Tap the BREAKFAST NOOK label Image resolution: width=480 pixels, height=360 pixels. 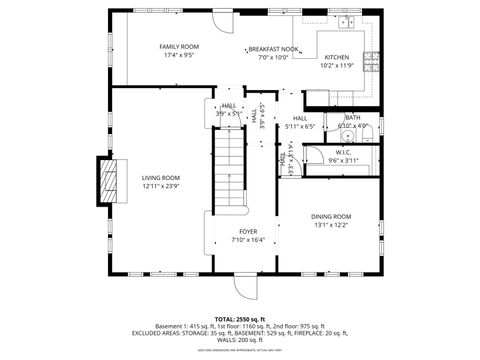click(x=273, y=48)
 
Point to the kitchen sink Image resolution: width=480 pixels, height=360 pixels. click(x=346, y=21)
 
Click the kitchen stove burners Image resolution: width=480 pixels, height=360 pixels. click(x=371, y=57)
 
